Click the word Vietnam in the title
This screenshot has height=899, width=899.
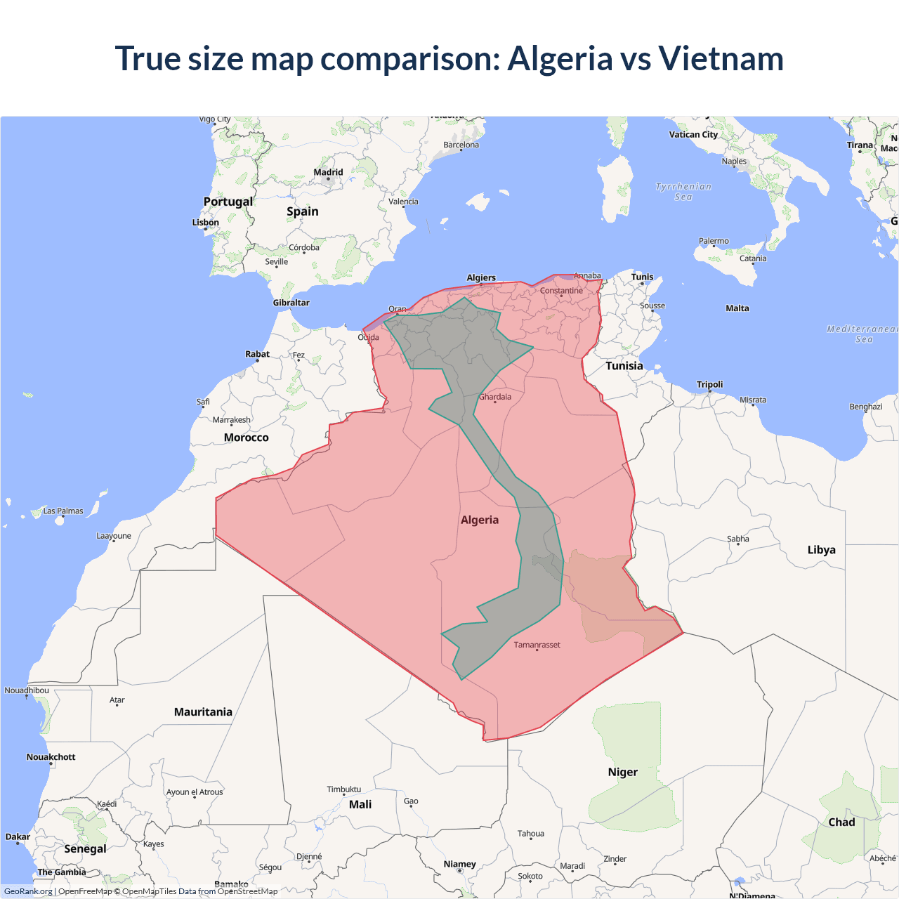point(721,58)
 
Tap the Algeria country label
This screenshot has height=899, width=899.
point(480,520)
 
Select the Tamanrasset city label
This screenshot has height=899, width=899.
point(537,645)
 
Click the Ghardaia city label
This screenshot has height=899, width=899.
point(495,397)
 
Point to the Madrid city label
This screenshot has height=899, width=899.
point(328,172)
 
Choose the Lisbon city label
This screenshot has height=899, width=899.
point(206,223)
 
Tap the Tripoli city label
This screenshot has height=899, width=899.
point(709,384)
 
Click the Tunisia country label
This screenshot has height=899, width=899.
point(624,366)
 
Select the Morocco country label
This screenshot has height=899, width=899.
point(246,438)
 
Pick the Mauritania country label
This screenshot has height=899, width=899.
point(203,712)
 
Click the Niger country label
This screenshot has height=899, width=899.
point(623,772)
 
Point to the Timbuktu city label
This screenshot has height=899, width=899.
point(343,789)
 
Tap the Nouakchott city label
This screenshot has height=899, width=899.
point(51,757)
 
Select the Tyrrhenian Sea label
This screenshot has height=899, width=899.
point(683,192)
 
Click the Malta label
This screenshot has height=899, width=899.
point(737,308)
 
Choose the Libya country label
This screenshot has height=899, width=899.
point(821,550)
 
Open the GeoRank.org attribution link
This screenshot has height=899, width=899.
point(28,891)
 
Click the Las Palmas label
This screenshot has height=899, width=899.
point(63,511)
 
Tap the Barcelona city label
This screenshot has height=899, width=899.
point(461,145)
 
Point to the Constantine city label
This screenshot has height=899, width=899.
point(561,291)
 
